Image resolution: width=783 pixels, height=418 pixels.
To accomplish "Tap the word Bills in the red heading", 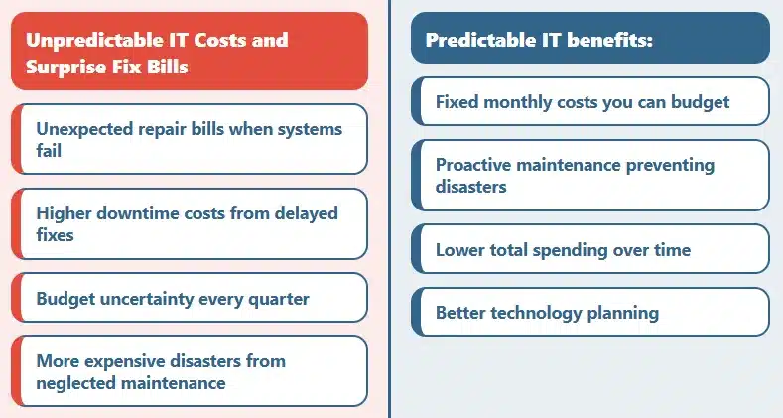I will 167,69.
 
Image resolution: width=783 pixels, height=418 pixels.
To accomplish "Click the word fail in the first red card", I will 49,151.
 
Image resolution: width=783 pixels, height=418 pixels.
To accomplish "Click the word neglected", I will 76,382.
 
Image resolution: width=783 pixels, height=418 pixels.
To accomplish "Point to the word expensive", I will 123,360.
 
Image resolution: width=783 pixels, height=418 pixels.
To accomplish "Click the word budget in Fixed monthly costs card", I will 699,101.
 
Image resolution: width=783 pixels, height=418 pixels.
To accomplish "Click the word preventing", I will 669,165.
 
